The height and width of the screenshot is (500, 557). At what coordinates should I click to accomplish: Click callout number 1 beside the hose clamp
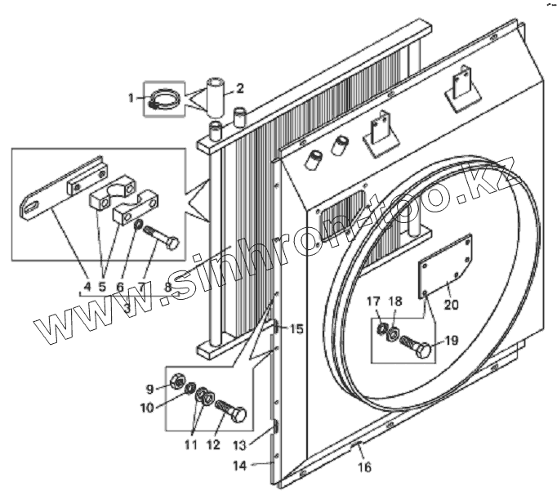click(131, 98)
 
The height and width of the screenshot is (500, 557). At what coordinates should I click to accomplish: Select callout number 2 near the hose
click(239, 88)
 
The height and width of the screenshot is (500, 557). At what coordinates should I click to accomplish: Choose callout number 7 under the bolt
click(142, 287)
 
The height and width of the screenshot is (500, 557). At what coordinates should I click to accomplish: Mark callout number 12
click(213, 445)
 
